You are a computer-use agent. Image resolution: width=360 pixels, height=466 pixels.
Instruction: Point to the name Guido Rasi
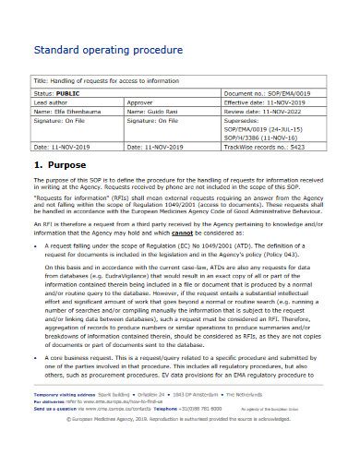151,111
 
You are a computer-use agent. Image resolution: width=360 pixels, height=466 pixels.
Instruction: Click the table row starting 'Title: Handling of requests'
181,80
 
